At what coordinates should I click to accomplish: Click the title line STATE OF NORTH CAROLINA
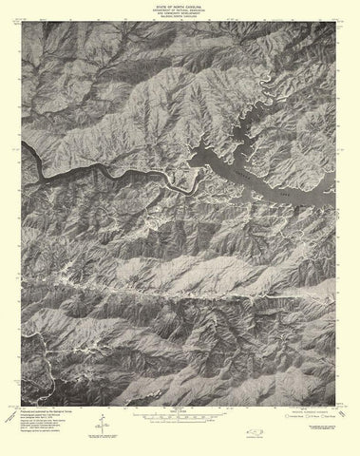(180, 5)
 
